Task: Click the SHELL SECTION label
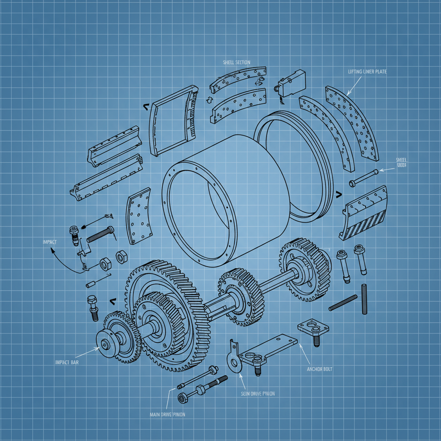[236, 62]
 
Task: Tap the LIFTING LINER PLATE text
[367, 71]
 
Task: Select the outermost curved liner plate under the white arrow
[353, 125]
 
